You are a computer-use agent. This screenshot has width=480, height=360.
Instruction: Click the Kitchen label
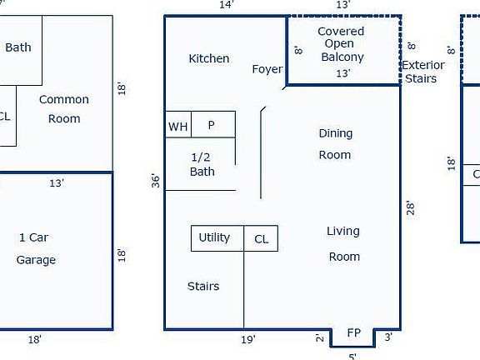[x=208, y=58]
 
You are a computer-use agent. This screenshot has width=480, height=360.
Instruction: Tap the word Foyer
[x=267, y=69]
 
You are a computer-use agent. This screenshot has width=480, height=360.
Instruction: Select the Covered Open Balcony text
[x=342, y=44]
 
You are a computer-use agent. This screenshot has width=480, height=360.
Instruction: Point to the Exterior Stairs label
[x=425, y=72]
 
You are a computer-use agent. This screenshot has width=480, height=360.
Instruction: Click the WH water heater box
[x=178, y=126]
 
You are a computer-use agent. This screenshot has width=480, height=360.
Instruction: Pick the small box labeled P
[x=212, y=125]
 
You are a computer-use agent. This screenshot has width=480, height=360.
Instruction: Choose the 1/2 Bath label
[x=202, y=164]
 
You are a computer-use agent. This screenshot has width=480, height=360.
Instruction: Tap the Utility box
[x=215, y=237]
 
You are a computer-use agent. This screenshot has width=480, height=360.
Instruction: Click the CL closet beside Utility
[x=261, y=239]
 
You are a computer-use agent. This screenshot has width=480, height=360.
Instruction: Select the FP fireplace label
[x=354, y=332]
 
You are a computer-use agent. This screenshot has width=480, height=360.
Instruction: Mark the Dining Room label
[x=335, y=144]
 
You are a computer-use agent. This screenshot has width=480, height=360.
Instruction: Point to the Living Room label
[x=343, y=243]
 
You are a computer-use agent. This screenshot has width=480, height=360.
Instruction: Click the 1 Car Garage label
[x=35, y=248]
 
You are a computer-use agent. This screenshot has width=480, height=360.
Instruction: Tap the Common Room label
[x=63, y=108]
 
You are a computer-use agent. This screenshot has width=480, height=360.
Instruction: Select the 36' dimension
[x=155, y=181]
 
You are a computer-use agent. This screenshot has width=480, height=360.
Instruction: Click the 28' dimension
[x=410, y=207]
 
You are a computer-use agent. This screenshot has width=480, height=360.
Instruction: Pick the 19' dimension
[x=247, y=339]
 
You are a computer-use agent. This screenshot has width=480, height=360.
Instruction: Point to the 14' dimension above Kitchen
[x=226, y=5]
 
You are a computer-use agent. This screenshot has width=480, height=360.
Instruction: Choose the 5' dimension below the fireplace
[x=352, y=356]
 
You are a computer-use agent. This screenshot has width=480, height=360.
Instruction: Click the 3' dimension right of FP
[x=387, y=337]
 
